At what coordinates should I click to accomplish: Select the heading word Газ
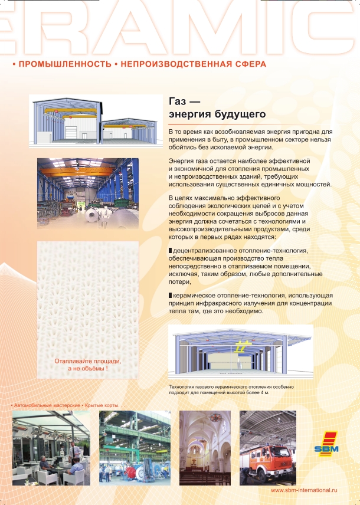tap(178, 101)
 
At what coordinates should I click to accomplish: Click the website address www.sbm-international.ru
tap(303, 490)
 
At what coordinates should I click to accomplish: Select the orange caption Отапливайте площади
tap(87, 360)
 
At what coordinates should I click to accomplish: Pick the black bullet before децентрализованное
tap(171, 251)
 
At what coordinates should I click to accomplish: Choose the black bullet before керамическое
tap(171, 295)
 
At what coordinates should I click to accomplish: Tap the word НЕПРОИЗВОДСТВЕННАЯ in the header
tap(166, 63)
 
